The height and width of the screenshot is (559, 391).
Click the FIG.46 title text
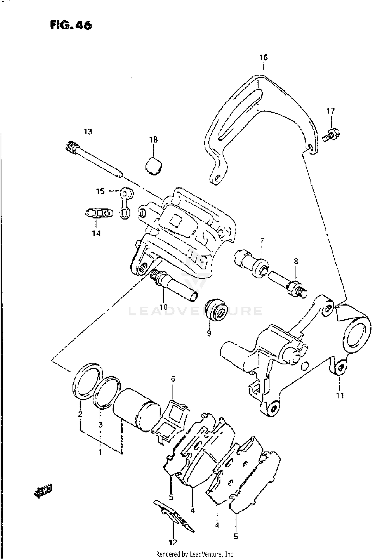tap(71, 26)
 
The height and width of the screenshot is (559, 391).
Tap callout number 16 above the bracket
tap(263, 57)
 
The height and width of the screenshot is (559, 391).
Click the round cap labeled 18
tap(154, 166)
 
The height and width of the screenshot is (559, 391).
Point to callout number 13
tap(88, 132)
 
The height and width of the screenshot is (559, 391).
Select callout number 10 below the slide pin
tap(163, 307)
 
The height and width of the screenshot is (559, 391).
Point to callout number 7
tap(262, 240)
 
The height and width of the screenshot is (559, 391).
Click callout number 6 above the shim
tap(173, 379)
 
